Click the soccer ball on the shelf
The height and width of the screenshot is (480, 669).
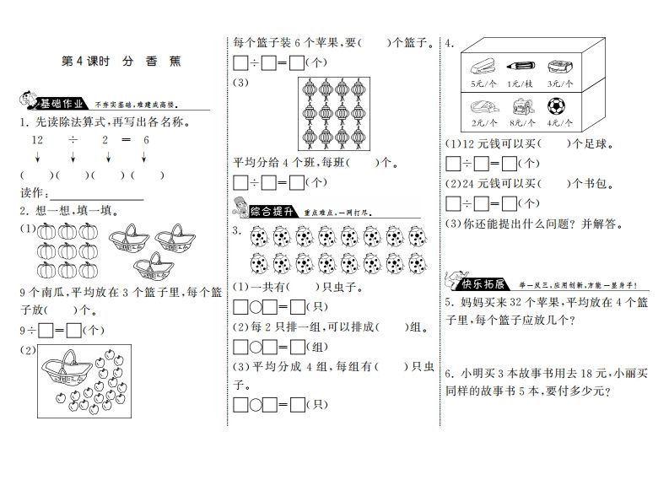point(556,106)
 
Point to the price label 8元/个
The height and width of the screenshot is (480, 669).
point(517,121)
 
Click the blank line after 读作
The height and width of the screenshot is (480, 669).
point(93,192)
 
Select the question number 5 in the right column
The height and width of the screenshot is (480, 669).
point(450,303)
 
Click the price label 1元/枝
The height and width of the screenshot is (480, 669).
point(517,84)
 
